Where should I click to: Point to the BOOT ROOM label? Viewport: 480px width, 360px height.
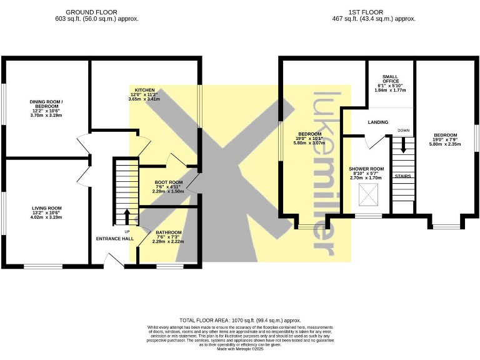click(167, 182)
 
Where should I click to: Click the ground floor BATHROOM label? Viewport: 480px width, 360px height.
click(169, 232)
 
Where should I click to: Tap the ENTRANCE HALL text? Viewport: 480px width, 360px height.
click(114, 239)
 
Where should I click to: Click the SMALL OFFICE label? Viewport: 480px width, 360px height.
click(390, 79)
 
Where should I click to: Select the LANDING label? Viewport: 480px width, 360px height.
click(378, 122)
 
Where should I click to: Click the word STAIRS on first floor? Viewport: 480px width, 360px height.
click(402, 176)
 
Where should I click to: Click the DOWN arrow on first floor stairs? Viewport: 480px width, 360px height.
click(403, 146)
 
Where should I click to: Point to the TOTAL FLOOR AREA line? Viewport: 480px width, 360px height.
click(240, 319)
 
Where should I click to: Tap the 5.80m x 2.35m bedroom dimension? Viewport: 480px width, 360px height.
click(446, 144)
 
